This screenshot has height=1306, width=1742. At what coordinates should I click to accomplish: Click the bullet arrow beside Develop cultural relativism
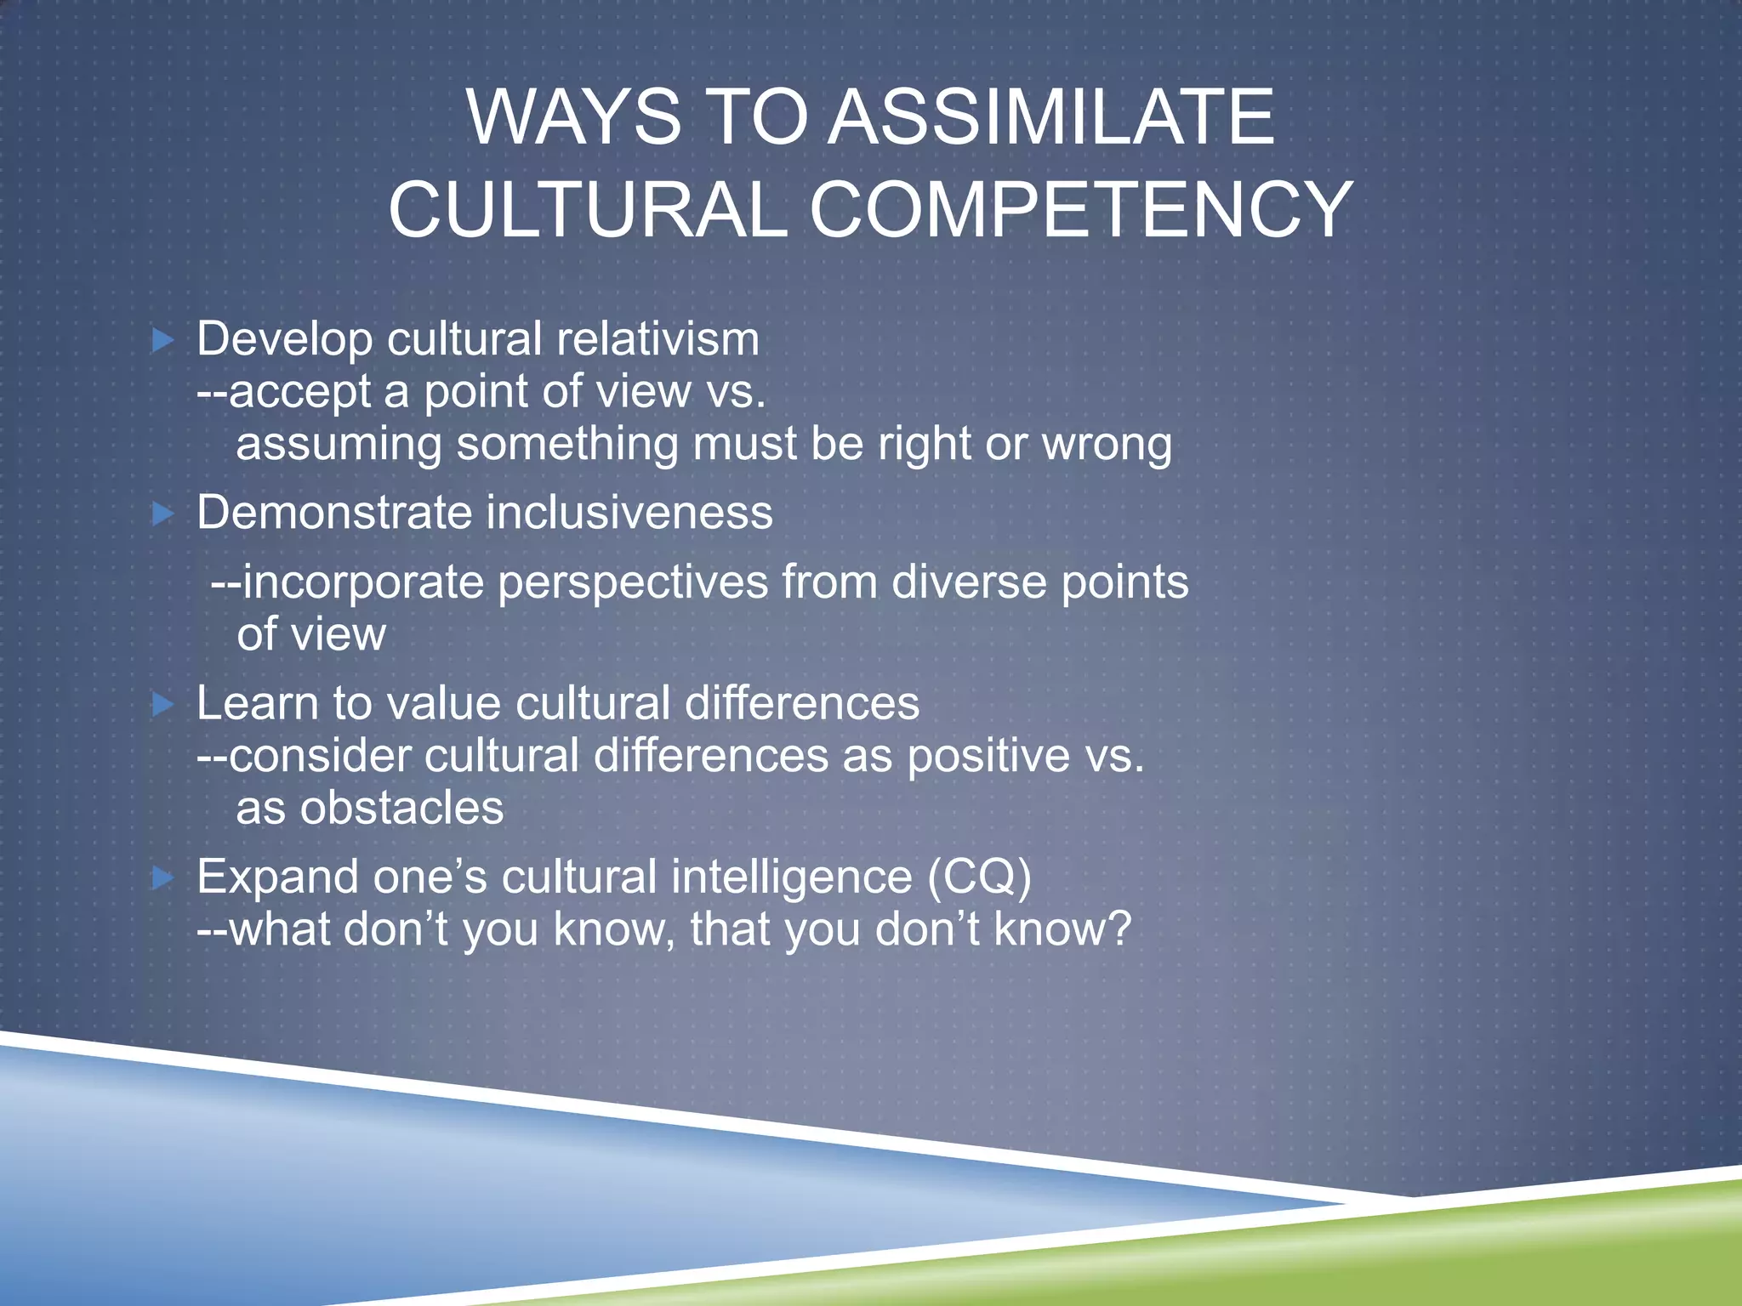[x=162, y=341]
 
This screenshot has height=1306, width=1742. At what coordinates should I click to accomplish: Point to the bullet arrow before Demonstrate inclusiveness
[x=162, y=514]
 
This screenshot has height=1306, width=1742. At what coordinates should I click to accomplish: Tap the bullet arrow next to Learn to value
[x=162, y=704]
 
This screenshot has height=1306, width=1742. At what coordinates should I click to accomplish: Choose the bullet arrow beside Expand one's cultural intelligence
[x=162, y=877]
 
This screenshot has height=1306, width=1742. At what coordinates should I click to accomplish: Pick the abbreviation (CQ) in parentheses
[x=979, y=877]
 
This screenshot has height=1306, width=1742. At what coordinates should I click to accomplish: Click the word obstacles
[x=402, y=808]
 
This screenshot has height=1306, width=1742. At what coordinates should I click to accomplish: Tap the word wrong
[x=1107, y=445]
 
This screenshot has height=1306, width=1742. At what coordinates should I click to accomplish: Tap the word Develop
[x=285, y=340]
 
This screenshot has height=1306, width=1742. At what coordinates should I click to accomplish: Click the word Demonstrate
[x=334, y=513]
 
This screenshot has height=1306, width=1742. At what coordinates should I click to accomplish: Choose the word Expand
[x=278, y=877]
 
